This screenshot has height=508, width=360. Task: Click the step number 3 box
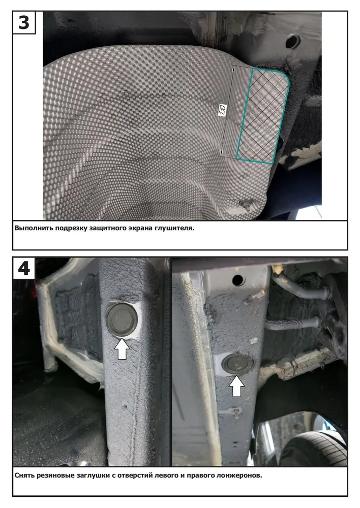pyautogui.click(x=24, y=23)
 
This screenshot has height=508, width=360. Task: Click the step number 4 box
pyautogui.click(x=24, y=268)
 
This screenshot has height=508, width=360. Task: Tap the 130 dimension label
pyautogui.click(x=223, y=111)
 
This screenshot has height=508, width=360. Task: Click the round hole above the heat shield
pyautogui.click(x=293, y=42)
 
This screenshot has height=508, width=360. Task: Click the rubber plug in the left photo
pyautogui.click(x=122, y=319)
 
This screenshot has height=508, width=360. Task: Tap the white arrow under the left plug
pyautogui.click(x=122, y=348)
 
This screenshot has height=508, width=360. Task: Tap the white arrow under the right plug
pyautogui.click(x=237, y=386)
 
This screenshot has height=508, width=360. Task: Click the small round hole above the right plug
pyautogui.click(x=238, y=280)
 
